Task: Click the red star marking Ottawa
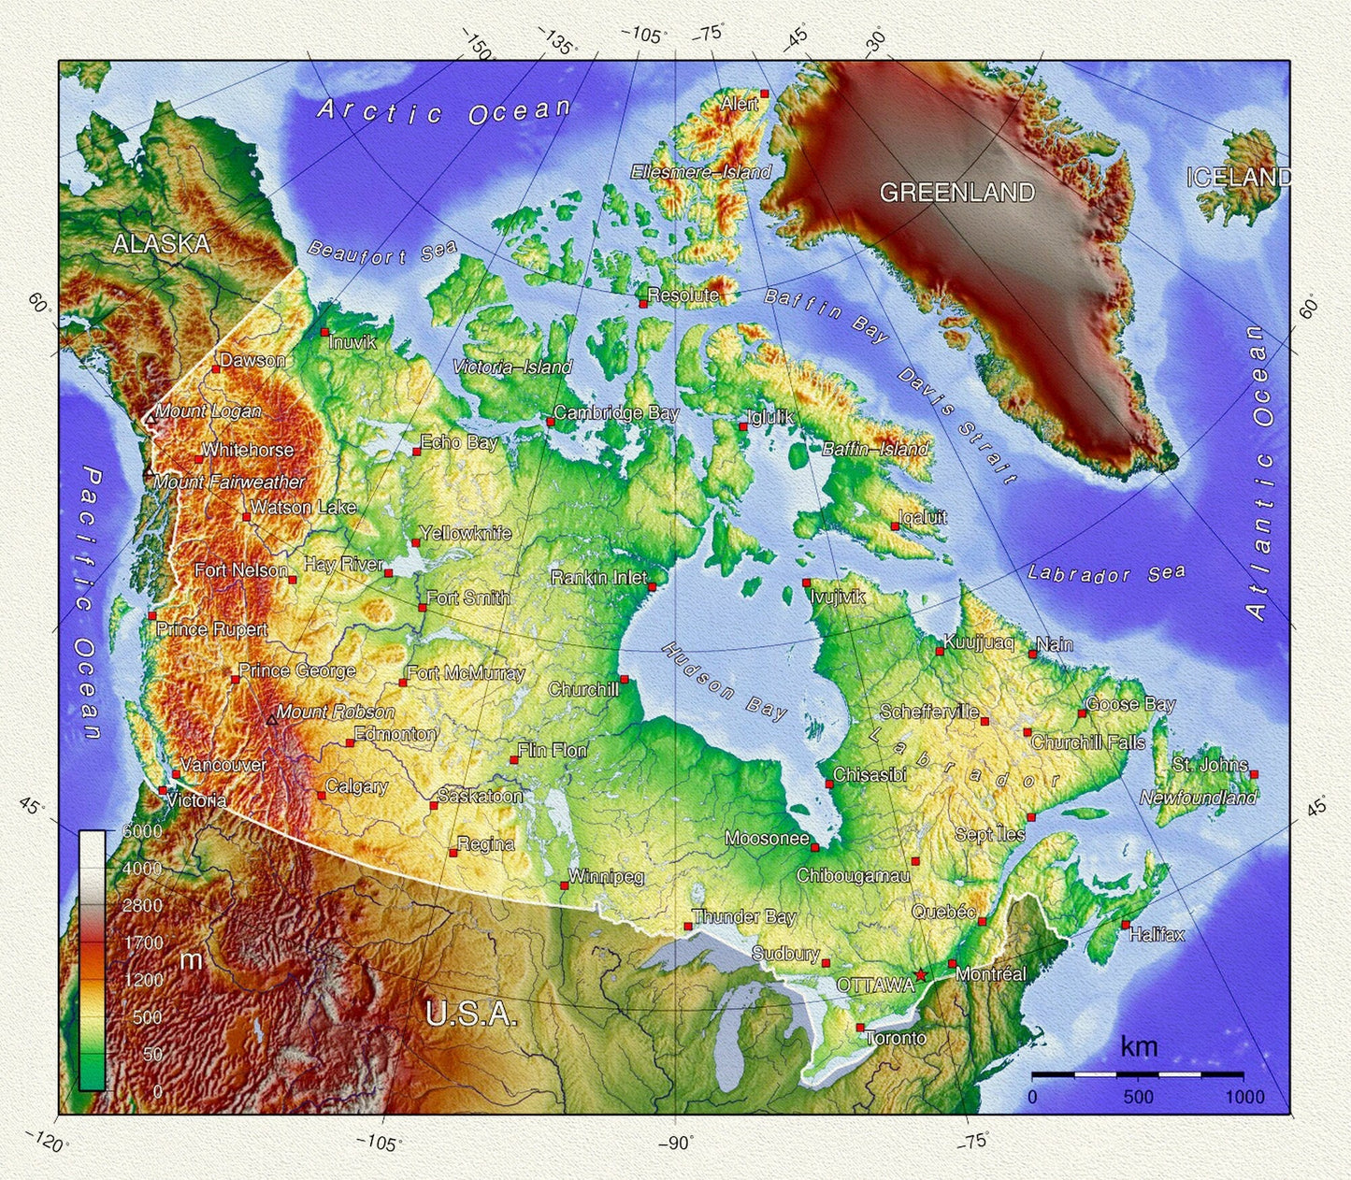[921, 975]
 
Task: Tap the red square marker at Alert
[764, 94]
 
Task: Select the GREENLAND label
[956, 193]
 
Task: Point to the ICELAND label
[1239, 178]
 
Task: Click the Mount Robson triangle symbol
[271, 719]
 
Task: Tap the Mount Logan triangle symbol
[149, 419]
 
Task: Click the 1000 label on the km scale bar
[1244, 1098]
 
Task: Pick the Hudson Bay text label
[725, 681]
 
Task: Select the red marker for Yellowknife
[415, 543]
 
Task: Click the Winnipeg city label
[606, 877]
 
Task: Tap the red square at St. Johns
[1254, 774]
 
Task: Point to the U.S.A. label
[470, 1015]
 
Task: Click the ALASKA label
[161, 244]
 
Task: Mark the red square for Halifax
[1125, 925]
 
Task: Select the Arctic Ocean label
[443, 112]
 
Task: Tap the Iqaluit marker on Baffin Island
[895, 526]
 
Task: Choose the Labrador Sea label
[1106, 573]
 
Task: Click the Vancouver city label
[223, 765]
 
